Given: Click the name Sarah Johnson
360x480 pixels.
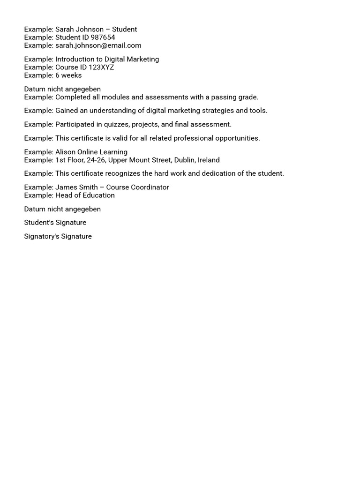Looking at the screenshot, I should tap(79, 30).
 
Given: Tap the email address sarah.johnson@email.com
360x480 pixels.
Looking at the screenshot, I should tap(98, 45).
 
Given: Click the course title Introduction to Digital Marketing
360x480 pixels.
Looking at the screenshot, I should tap(107, 59).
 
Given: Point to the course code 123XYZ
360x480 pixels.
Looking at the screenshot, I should tap(101, 67).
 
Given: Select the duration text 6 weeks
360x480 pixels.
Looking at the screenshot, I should tap(68, 75).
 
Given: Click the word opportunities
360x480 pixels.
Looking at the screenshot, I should tap(237, 138).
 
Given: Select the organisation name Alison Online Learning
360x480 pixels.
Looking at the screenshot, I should tap(91, 152).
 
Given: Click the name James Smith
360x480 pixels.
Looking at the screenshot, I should tap(76, 187).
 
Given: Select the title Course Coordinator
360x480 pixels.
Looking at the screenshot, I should tap(138, 187).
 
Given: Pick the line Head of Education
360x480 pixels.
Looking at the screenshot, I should tap(85, 195).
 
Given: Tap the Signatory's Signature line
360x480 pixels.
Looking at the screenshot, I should tap(58, 236).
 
